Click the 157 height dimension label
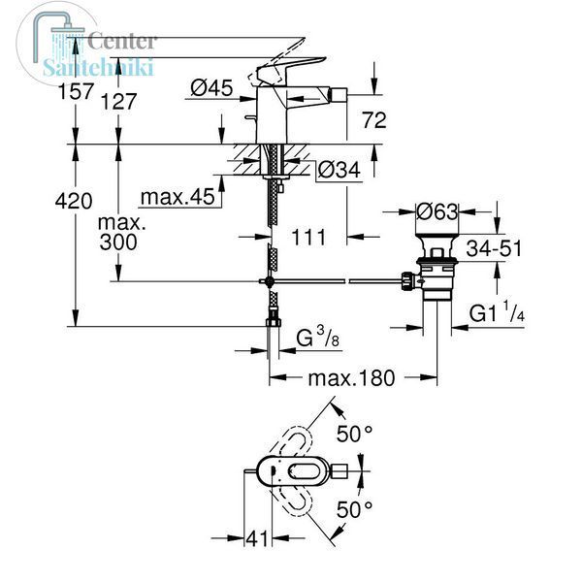76,91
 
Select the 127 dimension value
119,101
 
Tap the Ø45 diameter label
211,88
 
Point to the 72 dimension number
374,120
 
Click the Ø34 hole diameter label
339,171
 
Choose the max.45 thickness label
178,197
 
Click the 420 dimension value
74,201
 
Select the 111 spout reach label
308,238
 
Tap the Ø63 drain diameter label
436,211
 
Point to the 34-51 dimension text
494,248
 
